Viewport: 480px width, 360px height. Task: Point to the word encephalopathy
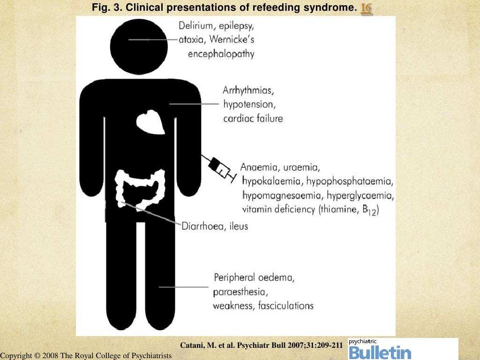(221, 54)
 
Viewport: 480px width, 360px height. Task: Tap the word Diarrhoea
(203, 226)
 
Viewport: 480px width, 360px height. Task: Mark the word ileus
(239, 226)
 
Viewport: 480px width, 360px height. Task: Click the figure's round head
(142, 40)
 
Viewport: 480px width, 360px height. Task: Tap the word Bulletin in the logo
(380, 352)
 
